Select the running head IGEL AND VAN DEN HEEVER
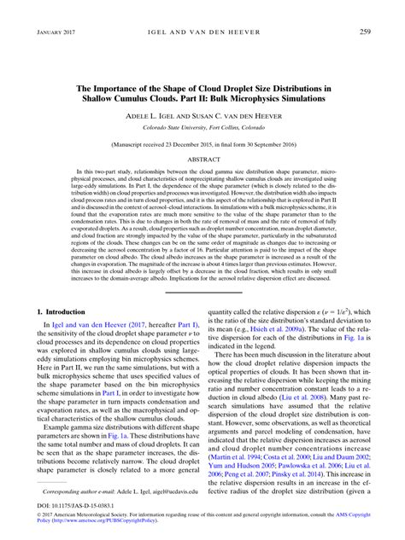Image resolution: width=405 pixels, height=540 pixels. [202, 32]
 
